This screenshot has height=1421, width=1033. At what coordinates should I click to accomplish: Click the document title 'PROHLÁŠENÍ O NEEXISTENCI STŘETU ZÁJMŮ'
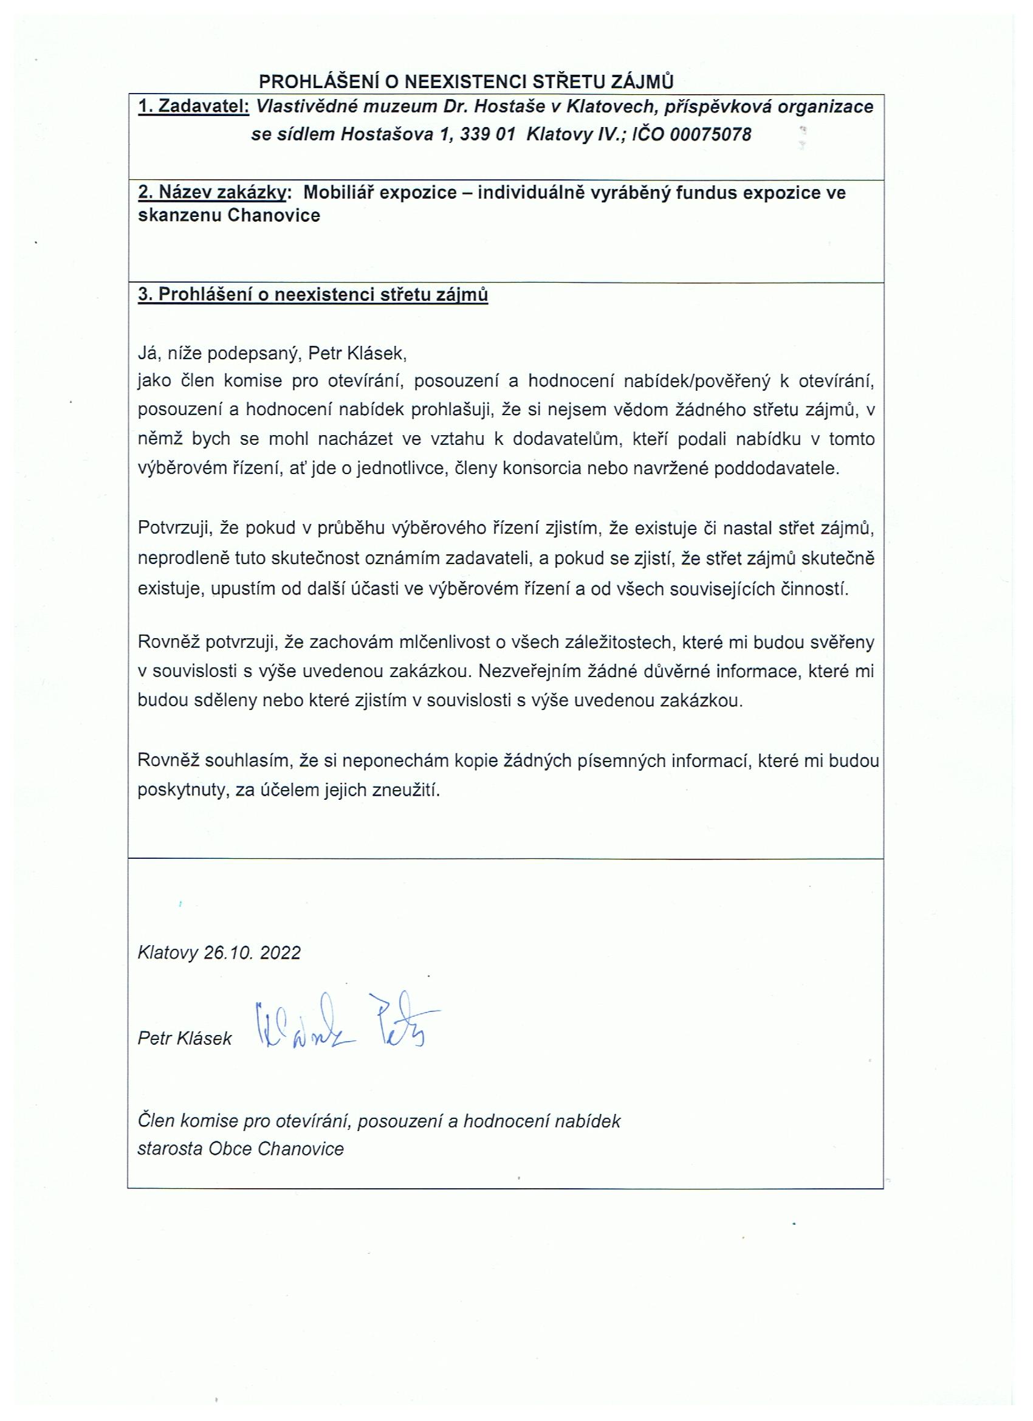click(467, 81)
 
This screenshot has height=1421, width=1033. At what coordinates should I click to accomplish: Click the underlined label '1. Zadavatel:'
click(194, 106)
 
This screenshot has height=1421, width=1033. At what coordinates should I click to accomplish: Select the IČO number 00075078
click(710, 135)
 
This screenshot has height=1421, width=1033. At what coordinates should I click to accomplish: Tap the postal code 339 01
click(487, 135)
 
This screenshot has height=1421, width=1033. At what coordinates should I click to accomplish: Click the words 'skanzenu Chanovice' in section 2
click(228, 216)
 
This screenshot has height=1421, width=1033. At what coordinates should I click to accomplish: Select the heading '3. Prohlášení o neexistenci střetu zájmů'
click(312, 295)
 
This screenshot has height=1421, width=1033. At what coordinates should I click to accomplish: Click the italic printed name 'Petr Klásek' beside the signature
click(185, 1039)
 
